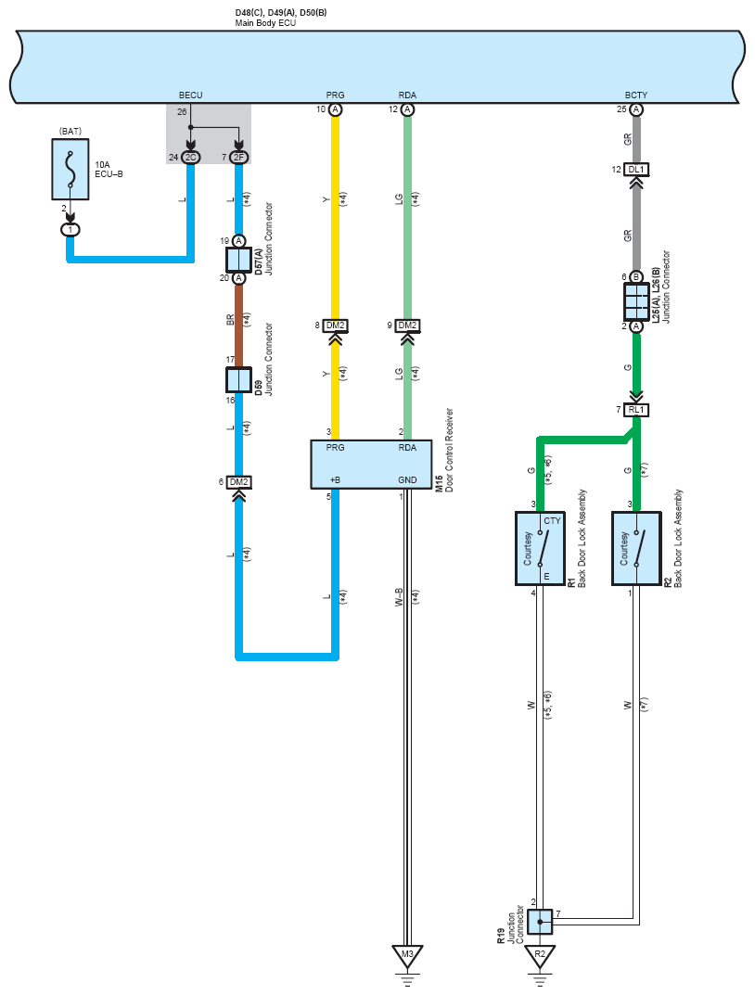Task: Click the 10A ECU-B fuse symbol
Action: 70,170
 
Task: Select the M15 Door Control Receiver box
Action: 371,465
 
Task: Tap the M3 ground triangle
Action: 407,956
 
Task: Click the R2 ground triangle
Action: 540,956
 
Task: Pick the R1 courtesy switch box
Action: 540,548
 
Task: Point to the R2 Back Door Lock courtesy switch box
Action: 636,548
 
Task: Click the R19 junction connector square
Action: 540,922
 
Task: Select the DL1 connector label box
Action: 636,170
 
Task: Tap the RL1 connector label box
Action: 636,410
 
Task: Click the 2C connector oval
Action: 190,158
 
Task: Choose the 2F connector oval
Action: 238,158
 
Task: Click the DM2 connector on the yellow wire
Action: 335,325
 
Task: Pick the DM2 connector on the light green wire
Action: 407,325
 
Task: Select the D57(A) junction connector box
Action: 238,260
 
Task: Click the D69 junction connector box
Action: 238,380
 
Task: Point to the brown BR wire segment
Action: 238,326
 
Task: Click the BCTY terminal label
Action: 636,96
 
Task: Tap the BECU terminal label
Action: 190,96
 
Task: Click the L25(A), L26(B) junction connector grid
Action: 636,301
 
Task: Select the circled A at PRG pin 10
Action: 335,109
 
